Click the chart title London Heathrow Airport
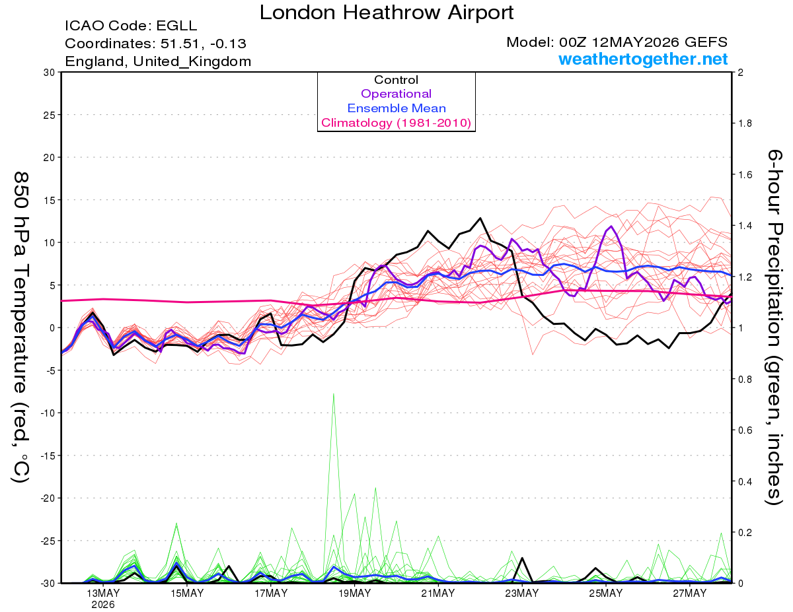tap(387, 13)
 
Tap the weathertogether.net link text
tap(643, 59)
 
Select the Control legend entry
tap(396, 80)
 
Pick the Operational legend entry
tap(396, 94)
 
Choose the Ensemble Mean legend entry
tap(397, 108)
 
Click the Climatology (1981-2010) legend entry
tap(396, 123)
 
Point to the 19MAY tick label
tap(354, 594)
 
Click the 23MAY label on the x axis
tap(522, 594)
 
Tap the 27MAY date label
tap(690, 594)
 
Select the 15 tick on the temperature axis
tap(50, 200)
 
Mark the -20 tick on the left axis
tap(48, 498)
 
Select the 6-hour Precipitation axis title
tap(774, 327)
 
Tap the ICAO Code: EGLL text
tap(131, 26)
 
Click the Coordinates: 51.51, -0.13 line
tap(155, 44)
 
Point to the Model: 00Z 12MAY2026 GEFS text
tap(617, 42)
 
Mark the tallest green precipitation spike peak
tap(333, 393)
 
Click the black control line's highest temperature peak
tap(480, 218)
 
